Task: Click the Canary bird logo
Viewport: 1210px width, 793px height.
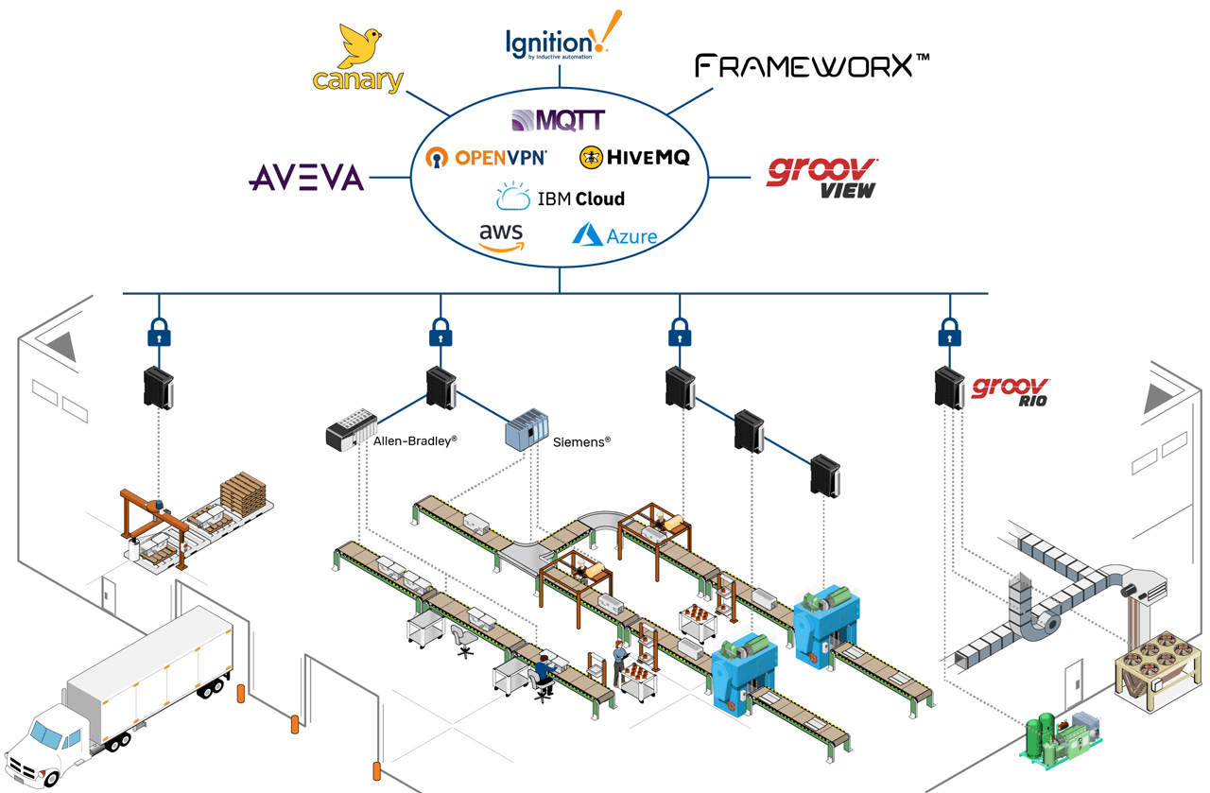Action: point(357,59)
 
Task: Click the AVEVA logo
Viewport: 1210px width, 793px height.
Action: point(306,177)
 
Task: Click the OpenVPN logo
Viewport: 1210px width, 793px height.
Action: point(486,158)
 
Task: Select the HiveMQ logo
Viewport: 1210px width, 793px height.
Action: point(634,158)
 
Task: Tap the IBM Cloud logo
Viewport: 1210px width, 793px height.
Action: point(560,198)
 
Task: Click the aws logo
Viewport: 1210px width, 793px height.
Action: point(501,236)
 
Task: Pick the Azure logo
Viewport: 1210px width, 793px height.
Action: point(614,234)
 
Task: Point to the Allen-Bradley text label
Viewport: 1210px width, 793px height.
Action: point(415,440)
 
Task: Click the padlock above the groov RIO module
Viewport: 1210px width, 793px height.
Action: point(949,333)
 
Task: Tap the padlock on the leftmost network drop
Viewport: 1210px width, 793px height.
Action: point(159,333)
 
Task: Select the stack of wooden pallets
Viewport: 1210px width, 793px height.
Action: point(243,491)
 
